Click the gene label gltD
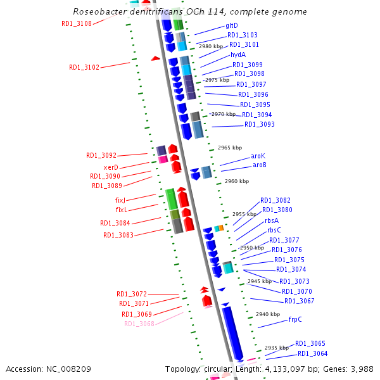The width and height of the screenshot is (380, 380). point(232,25)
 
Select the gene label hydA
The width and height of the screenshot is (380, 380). point(238,54)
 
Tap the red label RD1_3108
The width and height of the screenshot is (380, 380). point(76,23)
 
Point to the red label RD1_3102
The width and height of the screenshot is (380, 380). point(84,67)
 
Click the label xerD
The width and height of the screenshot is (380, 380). point(111,167)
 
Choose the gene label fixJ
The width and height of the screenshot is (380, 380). point(121,200)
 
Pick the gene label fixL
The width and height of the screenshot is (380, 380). point(122,210)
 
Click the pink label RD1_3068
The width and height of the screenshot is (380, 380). point(139,324)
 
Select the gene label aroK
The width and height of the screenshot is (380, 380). point(258,155)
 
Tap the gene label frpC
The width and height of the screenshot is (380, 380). point(295,319)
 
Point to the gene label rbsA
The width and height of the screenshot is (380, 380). point(272,220)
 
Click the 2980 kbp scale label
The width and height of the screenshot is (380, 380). point(211,46)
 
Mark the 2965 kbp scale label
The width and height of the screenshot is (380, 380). point(230,148)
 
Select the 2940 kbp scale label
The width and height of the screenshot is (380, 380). point(268,314)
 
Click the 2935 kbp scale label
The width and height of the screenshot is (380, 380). point(277,348)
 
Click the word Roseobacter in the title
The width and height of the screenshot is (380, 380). point(100,11)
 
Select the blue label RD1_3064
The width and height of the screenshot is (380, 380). point(313,353)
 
